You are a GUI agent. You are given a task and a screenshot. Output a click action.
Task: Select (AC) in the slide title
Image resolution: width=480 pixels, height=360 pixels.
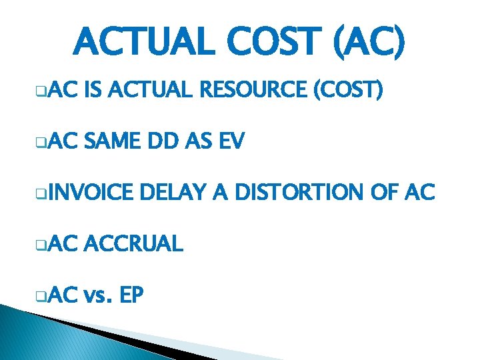pos(369,43)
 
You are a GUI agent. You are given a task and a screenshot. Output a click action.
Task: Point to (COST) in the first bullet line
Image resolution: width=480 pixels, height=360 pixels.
pos(348,91)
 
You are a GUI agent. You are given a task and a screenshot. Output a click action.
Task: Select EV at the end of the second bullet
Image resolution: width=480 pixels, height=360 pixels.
pos(232,141)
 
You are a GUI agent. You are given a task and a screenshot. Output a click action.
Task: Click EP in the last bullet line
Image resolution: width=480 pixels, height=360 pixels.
pos(132,295)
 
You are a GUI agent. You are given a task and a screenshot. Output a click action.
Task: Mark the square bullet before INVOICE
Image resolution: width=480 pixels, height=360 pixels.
pos(41,195)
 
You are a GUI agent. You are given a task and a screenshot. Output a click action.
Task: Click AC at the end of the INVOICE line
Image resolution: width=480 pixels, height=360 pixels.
pos(421,193)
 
